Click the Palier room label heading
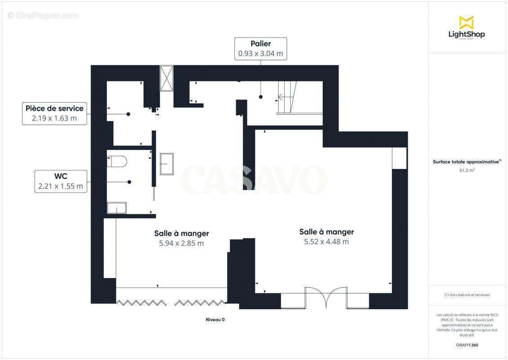261,44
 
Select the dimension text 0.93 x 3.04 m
261,54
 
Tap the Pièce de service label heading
54,108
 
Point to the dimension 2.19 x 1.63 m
54,119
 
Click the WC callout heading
61,176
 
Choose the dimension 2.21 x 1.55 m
61,186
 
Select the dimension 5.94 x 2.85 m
181,243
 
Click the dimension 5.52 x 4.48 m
326,242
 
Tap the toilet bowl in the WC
118,161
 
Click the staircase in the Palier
287,97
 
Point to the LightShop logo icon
466,22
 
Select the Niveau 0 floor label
215,319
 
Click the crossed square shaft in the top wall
166,78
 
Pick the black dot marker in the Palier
260,97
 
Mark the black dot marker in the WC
129,182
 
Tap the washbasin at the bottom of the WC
117,208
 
